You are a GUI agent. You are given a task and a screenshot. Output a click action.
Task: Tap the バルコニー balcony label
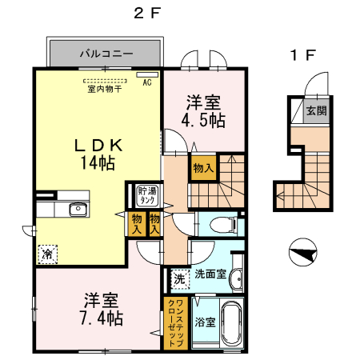pos(106,54)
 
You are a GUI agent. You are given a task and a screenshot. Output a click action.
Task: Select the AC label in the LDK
pos(147,82)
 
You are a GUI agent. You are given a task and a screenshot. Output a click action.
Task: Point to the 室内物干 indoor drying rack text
pos(104,89)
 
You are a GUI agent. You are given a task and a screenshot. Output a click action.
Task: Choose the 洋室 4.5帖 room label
pos(204,111)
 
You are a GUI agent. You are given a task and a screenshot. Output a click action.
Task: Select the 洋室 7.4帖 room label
pos(103,310)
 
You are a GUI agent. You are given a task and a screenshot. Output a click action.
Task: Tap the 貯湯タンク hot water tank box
pos(147,195)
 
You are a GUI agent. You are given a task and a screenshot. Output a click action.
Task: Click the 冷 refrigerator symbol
pos(47,254)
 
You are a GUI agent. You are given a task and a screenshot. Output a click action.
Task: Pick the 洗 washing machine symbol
pos(179,280)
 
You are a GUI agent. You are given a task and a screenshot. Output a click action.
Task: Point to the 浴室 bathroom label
pos(206,322)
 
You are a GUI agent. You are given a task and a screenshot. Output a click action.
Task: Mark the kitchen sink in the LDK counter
pos(78,210)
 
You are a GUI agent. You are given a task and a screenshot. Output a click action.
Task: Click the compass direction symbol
pos(301,254)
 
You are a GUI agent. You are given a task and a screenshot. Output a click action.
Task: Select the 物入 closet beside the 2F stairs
pos(202,168)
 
